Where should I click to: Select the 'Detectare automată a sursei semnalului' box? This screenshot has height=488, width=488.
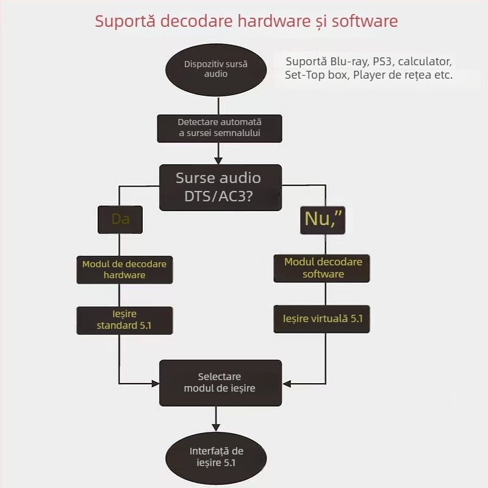coord(220,127)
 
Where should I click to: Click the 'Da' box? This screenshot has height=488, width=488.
coord(120,219)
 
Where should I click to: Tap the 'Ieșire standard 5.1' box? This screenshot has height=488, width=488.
coord(124,320)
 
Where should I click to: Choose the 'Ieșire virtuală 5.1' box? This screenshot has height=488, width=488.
coord(321,319)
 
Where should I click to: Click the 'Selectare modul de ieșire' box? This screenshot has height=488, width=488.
coord(220,382)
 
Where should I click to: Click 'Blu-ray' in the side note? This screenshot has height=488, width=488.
coord(347,62)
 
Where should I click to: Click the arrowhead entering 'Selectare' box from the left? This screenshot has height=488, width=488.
coord(155,384)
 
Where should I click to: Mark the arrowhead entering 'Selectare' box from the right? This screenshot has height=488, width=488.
coord(286,384)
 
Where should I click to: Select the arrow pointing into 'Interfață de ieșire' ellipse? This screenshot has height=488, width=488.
coord(215,426)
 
